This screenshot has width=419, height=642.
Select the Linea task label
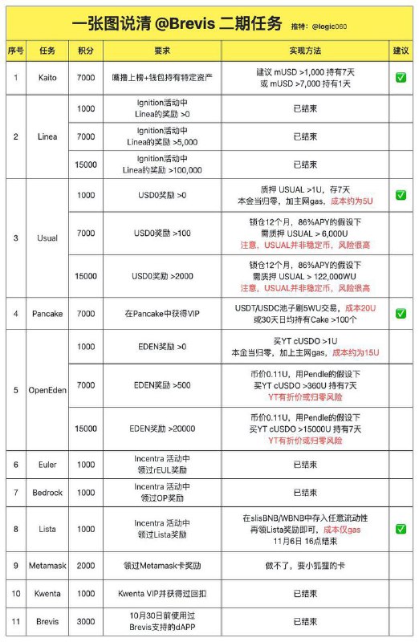[x=47, y=136]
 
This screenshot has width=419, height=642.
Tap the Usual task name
[x=47, y=238]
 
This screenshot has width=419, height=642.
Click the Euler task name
[x=47, y=465]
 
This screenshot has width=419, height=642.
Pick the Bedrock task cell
[x=47, y=493]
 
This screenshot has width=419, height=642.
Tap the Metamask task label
[x=47, y=566]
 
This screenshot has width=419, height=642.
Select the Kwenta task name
[x=47, y=595]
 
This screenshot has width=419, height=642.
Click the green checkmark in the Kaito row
[x=400, y=77]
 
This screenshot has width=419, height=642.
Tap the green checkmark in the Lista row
[x=400, y=530]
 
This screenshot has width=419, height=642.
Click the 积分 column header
[x=86, y=50]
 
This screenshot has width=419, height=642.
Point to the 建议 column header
[x=400, y=50]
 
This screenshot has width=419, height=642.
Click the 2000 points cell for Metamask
[x=86, y=566]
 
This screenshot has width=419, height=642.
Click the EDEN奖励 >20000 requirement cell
[x=162, y=429]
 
